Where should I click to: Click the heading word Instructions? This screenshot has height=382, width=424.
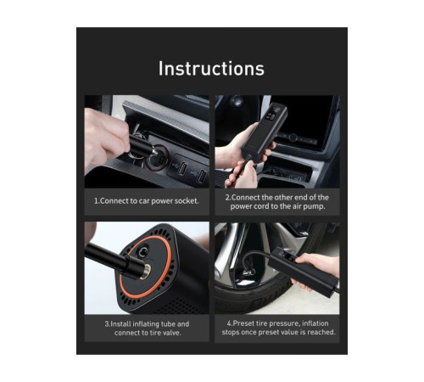[x=211, y=69]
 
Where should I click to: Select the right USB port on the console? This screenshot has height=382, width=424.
[x=201, y=177]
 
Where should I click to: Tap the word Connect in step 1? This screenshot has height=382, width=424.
[x=119, y=200]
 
